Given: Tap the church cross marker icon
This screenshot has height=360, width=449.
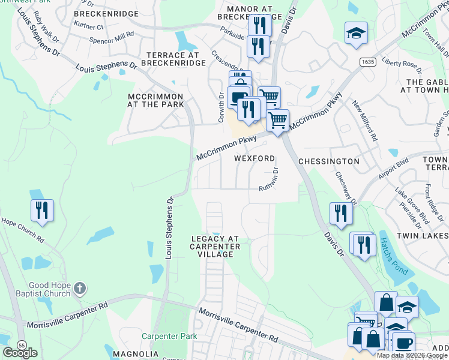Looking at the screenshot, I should pyautogui.click(x=79, y=290).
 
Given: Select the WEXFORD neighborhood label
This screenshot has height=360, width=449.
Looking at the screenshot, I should pyautogui.click(x=254, y=159).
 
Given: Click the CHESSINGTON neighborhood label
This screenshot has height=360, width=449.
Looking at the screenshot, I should pyautogui.click(x=328, y=161).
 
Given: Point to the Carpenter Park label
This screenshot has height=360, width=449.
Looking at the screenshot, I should pyautogui.click(x=169, y=336).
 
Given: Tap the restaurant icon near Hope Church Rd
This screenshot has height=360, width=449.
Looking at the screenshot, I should pyautogui.click(x=42, y=211).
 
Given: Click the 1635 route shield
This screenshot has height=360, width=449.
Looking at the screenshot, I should pyautogui.click(x=368, y=62).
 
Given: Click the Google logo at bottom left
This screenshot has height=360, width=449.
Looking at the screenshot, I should pyautogui.click(x=20, y=353).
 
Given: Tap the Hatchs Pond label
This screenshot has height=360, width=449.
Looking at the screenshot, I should pyautogui.click(x=393, y=256).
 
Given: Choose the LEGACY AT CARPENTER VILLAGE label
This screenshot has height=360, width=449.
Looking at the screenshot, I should pyautogui.click(x=215, y=247).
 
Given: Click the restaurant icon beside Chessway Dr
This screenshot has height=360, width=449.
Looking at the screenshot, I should pyautogui.click(x=340, y=213).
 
